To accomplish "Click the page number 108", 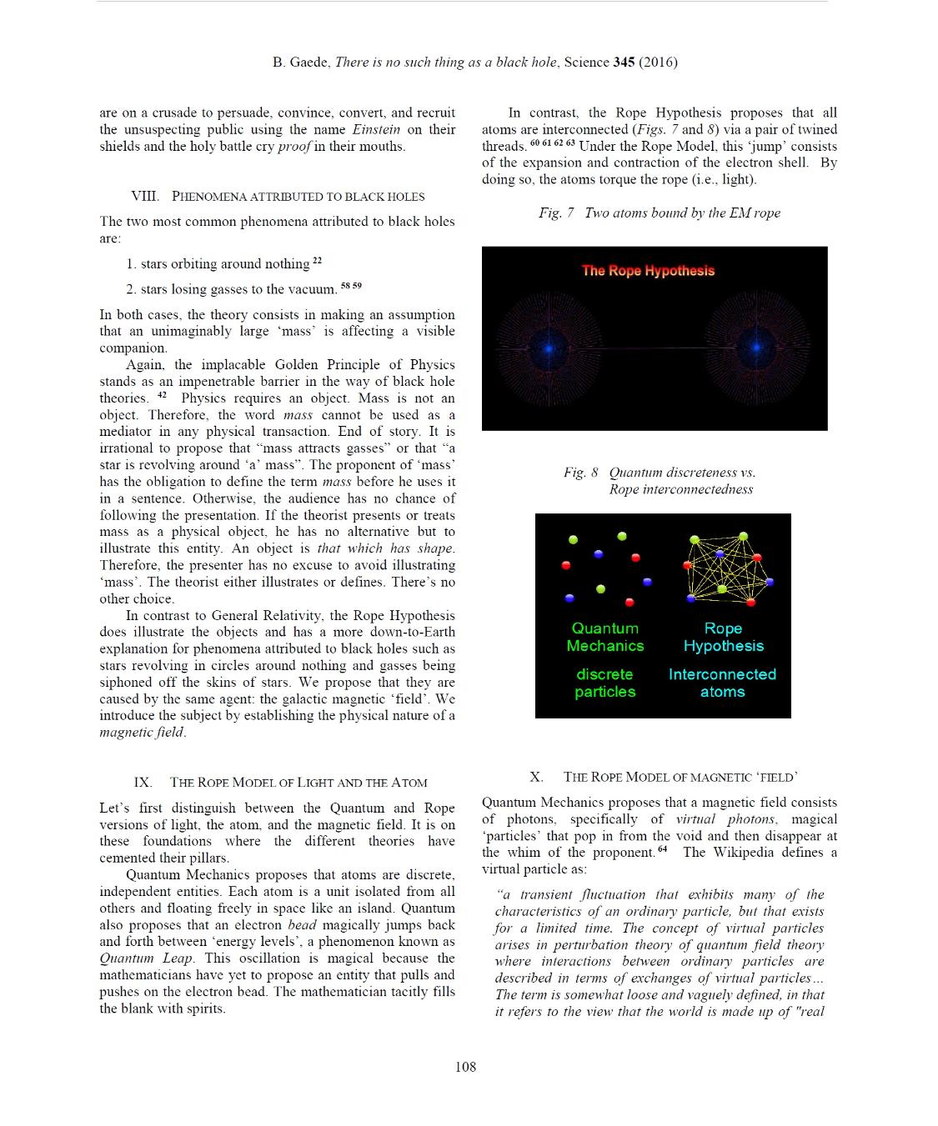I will point(465,1067).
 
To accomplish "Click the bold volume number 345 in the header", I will point(623,63).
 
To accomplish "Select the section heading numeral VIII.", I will point(145,197).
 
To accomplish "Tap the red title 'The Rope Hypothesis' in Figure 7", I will point(648,271).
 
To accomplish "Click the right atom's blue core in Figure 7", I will point(757,346).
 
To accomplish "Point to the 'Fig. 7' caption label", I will point(556,213).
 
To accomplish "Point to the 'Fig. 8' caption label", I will point(580,473).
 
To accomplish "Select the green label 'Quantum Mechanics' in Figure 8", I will point(605,638).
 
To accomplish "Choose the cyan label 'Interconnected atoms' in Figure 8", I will point(722,683).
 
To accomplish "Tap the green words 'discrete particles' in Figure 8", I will point(605,683).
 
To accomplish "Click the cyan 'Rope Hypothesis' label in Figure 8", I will point(723,638).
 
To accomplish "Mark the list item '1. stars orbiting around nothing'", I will point(218,264).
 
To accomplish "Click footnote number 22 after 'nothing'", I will point(317,261).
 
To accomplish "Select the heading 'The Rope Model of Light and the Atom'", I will point(298,783).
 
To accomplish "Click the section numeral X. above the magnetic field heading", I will point(536,777).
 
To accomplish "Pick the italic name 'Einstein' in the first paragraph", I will point(376,130).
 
